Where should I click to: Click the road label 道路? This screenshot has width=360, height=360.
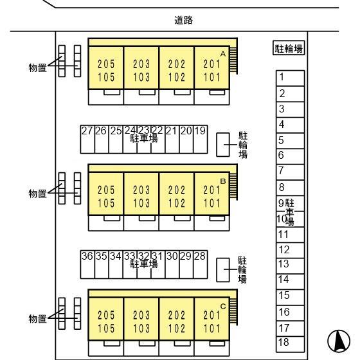[183, 20]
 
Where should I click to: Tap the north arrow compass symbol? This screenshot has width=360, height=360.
[339, 341]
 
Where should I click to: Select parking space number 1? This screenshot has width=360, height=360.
[290, 78]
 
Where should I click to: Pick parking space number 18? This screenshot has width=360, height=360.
[290, 344]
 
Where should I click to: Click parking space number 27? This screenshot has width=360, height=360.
[87, 139]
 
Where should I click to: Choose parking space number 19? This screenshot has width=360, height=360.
[201, 139]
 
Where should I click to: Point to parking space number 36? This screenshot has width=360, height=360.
[87, 264]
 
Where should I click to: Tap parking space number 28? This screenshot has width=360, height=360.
[201, 264]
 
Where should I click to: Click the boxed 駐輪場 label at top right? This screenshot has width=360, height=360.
[289, 48]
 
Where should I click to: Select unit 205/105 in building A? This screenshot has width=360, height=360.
[106, 67]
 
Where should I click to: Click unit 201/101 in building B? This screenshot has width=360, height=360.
[212, 194]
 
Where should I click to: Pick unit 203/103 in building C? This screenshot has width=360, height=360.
[141, 319]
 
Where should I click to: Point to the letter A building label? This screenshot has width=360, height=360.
[223, 54]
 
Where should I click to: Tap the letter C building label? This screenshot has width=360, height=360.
[223, 307]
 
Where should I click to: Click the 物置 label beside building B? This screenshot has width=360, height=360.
[38, 194]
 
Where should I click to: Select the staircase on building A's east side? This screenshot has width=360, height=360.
[233, 60]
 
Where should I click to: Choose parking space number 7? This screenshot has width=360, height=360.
[290, 172]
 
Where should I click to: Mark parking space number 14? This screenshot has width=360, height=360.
[290, 282]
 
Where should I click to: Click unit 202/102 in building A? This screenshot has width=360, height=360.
[176, 67]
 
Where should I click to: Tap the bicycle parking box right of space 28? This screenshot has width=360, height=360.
[223, 270]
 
